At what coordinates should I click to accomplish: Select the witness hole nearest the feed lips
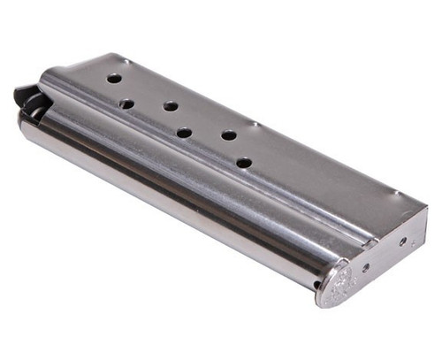(114, 79)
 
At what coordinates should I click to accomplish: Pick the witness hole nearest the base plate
(243, 163)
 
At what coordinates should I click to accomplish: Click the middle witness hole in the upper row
(171, 106)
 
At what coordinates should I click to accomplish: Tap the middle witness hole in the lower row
(184, 134)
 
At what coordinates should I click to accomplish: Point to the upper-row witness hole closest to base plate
(228, 135)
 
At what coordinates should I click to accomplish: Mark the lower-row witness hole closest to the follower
(126, 103)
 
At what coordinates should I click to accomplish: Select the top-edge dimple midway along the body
(251, 122)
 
